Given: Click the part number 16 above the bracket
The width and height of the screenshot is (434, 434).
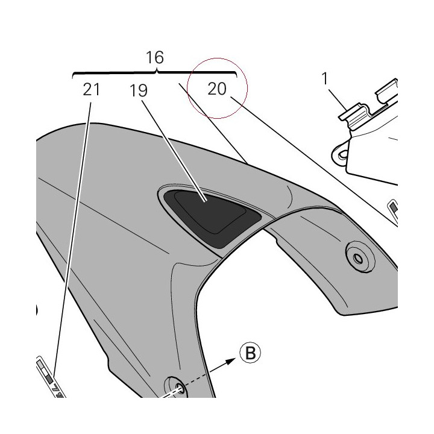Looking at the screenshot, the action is (155, 57).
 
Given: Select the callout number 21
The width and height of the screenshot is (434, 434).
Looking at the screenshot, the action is (91, 89).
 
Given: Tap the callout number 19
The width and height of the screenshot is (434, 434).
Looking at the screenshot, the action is (139, 90).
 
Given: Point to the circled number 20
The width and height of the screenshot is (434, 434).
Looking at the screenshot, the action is (217, 89).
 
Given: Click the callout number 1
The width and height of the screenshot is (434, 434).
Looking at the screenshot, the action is (325, 78).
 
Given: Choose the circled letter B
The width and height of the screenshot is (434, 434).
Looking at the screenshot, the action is (251, 353).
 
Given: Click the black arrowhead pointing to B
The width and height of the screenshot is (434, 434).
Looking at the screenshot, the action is (230, 361).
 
